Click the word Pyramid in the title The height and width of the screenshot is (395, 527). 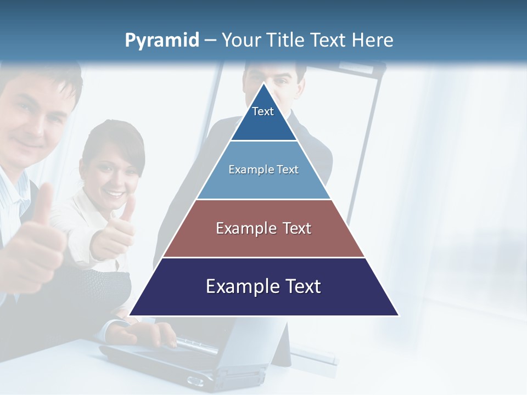click(x=162, y=41)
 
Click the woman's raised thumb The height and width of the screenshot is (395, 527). click(x=127, y=211)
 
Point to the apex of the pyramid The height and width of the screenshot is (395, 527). click(x=263, y=84)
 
